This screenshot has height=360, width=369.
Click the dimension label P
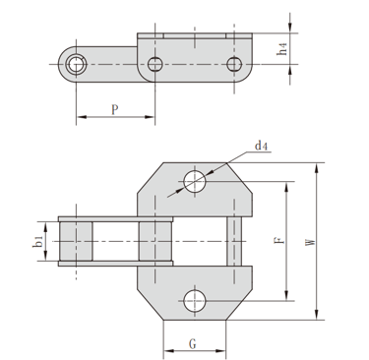114,109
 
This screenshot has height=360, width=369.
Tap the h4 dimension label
282,49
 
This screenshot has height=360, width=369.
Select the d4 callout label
261,146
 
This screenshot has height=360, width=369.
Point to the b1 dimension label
38,242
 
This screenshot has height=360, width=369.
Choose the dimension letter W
310,242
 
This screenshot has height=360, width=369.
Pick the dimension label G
193,344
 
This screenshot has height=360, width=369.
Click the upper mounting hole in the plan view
195,181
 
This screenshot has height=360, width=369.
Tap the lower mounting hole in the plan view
195,301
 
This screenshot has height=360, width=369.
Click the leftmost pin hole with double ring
76,64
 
